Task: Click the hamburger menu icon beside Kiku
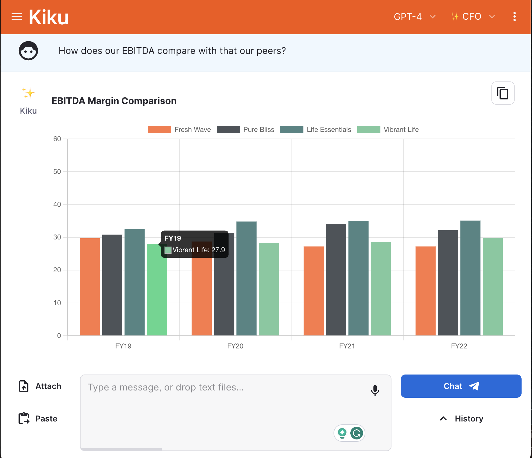[x=17, y=17]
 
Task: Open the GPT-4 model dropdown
[x=414, y=17]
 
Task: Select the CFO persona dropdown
[x=473, y=17]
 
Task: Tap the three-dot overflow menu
[x=514, y=17]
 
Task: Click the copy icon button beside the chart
[x=503, y=93]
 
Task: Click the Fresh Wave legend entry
[x=179, y=130]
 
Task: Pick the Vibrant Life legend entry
[x=388, y=130]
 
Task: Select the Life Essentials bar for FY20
[x=246, y=278]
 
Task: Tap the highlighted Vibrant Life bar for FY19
[x=157, y=290]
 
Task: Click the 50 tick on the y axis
[x=57, y=172]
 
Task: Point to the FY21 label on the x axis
[x=347, y=346]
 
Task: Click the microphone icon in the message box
[x=375, y=390]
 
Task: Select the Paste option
[x=38, y=419]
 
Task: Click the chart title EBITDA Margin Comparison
[x=114, y=101]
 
